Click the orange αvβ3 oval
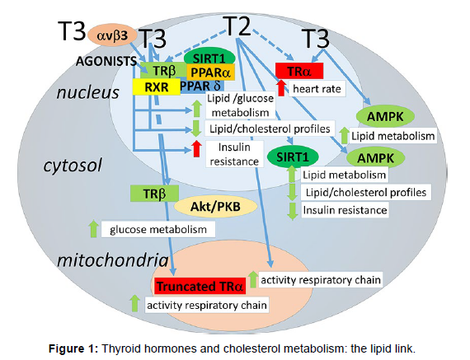112,35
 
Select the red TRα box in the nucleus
299,71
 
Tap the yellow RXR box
157,87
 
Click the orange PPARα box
210,72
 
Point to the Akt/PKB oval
215,206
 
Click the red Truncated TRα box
200,286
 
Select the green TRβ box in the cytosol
154,194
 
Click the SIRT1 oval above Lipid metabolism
292,157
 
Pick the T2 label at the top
237,26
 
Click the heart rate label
317,89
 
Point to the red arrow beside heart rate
281,88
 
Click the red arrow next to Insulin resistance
196,148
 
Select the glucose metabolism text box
158,229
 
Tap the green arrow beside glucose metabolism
93,229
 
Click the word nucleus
88,92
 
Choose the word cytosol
73,165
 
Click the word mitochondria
113,260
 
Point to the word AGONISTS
106,61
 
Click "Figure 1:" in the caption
73,348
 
